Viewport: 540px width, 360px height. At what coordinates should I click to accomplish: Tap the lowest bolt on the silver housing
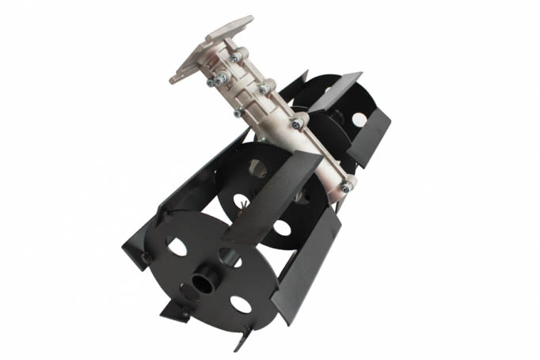click(346, 186)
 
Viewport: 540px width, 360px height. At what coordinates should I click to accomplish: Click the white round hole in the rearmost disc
click(359, 119)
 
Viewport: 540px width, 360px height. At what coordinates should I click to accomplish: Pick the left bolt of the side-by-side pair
click(213, 80)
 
